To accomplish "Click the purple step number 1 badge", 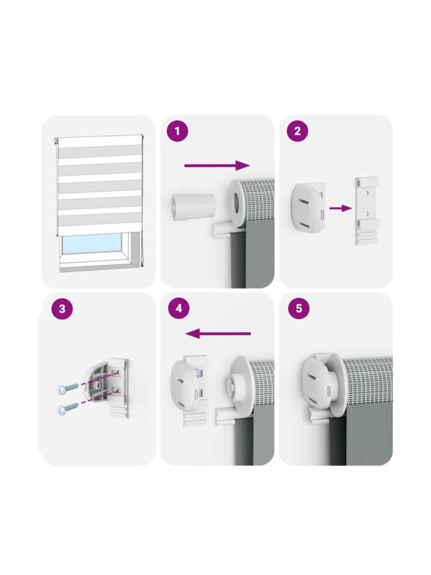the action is pyautogui.click(x=178, y=131).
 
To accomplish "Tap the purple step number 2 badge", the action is pyautogui.click(x=297, y=131).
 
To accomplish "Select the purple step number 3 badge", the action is pyautogui.click(x=62, y=308).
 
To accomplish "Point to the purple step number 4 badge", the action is pyautogui.click(x=179, y=308).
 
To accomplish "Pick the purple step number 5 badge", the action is pyautogui.click(x=299, y=308).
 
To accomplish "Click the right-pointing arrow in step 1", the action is pyautogui.click(x=217, y=165).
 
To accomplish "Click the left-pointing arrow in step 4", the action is pyautogui.click(x=218, y=334).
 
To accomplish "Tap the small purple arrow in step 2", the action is pyautogui.click(x=340, y=208).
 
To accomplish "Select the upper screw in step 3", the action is pyautogui.click(x=68, y=389).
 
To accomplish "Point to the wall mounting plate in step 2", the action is pyautogui.click(x=367, y=211).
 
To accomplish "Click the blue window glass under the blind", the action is pyautogui.click(x=92, y=243).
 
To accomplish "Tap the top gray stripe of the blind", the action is pyautogui.click(x=100, y=152).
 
